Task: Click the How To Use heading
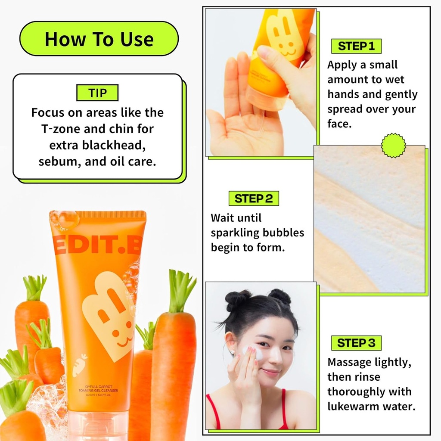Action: tap(99, 38)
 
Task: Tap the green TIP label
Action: tap(97, 93)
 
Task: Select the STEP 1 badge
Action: tap(356, 46)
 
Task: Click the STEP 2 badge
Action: tap(254, 198)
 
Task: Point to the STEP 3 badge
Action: tap(356, 343)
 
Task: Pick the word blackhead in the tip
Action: tap(114, 145)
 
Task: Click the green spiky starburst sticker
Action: tap(394, 146)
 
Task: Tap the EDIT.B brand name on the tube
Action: tap(97, 245)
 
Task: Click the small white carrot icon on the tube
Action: tap(79, 365)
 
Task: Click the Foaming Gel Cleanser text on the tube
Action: tap(98, 390)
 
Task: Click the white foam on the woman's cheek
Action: tap(255, 352)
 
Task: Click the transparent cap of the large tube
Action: tap(99, 424)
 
